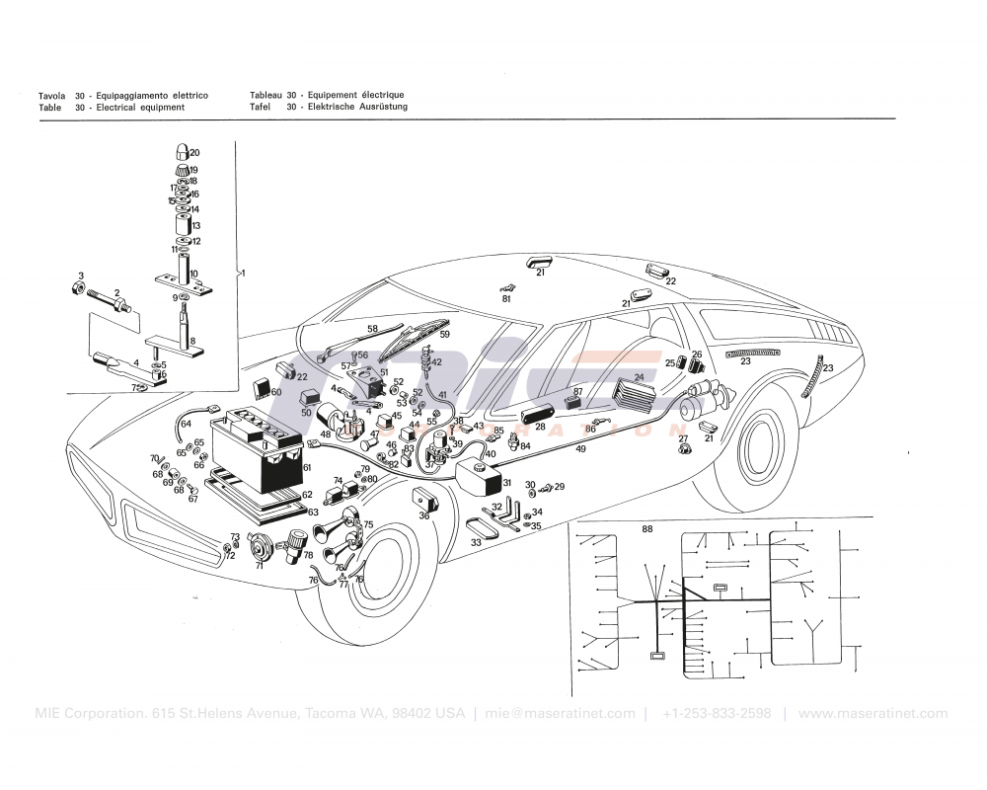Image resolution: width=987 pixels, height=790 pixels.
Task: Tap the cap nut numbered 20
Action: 183,152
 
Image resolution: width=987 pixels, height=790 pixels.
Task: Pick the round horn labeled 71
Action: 261,544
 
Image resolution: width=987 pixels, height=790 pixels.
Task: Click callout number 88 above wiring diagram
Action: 647,529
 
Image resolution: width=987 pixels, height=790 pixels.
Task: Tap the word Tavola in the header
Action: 51,95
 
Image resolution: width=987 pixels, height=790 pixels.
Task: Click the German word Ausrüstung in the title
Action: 379,107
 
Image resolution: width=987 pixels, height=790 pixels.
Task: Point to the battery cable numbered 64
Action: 181,423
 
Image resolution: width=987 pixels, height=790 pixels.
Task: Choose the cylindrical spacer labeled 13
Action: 184,225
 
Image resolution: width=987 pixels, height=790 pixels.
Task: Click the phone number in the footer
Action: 717,714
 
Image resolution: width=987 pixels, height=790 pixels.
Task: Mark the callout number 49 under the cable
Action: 580,449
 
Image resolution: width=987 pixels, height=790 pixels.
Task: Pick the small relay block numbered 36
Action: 424,498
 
